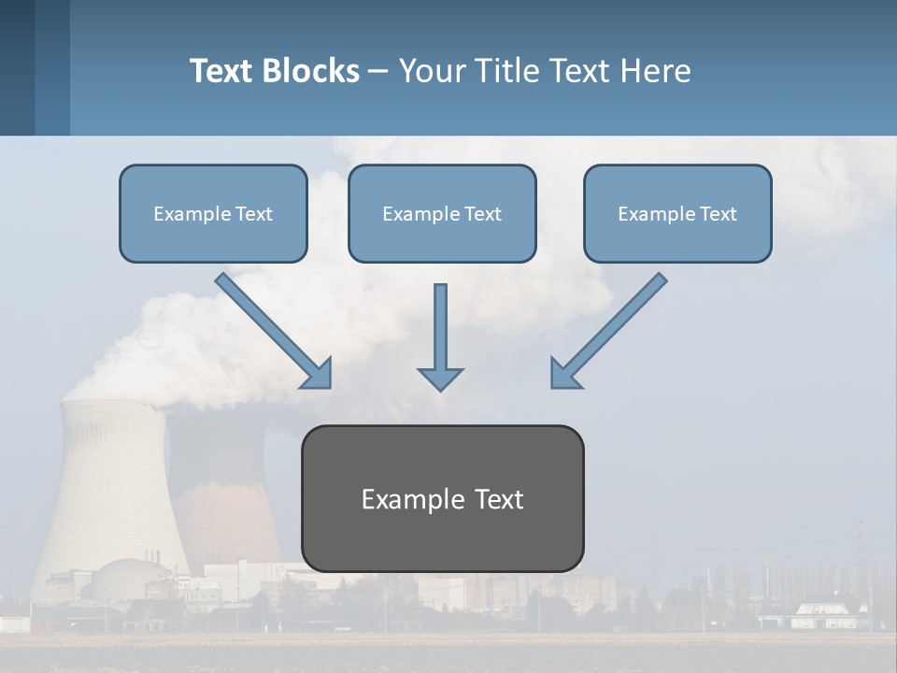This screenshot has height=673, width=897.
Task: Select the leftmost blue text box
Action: click(x=213, y=213)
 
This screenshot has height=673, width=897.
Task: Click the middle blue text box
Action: click(x=442, y=213)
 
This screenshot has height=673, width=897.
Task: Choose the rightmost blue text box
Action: click(x=677, y=213)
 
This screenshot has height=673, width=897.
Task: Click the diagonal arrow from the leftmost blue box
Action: click(x=275, y=331)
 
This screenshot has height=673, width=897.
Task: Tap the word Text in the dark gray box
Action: click(x=499, y=499)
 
